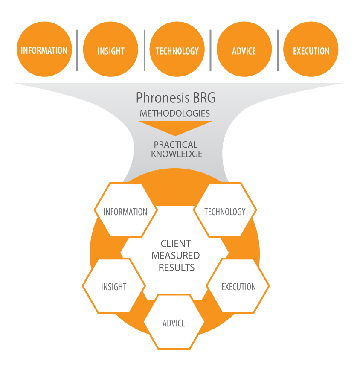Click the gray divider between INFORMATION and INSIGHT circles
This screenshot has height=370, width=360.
pos(77,50)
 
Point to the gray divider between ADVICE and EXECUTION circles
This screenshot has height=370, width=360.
pos(278,50)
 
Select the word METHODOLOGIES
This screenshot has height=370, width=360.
pos(175,114)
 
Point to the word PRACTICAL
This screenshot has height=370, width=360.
pos(176,145)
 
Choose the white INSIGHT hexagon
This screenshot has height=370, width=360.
pos(113,286)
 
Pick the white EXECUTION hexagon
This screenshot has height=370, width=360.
pos(238,286)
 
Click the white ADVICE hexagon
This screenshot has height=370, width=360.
pos(174,323)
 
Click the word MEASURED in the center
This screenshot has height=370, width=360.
pos(176,256)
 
